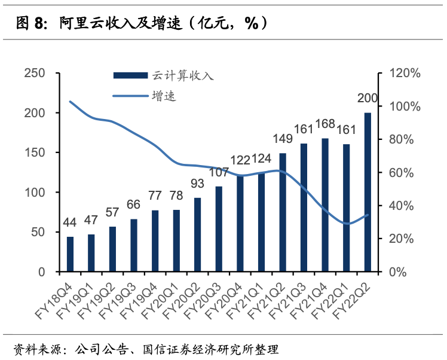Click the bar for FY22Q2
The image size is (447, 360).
368,192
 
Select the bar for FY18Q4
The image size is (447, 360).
70,254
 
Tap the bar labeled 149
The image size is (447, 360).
283,212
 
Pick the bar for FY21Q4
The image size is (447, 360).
325,205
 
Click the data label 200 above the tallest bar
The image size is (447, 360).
368,99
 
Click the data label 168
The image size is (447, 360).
325,124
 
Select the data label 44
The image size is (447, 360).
70,223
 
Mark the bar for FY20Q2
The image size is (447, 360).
198,234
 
